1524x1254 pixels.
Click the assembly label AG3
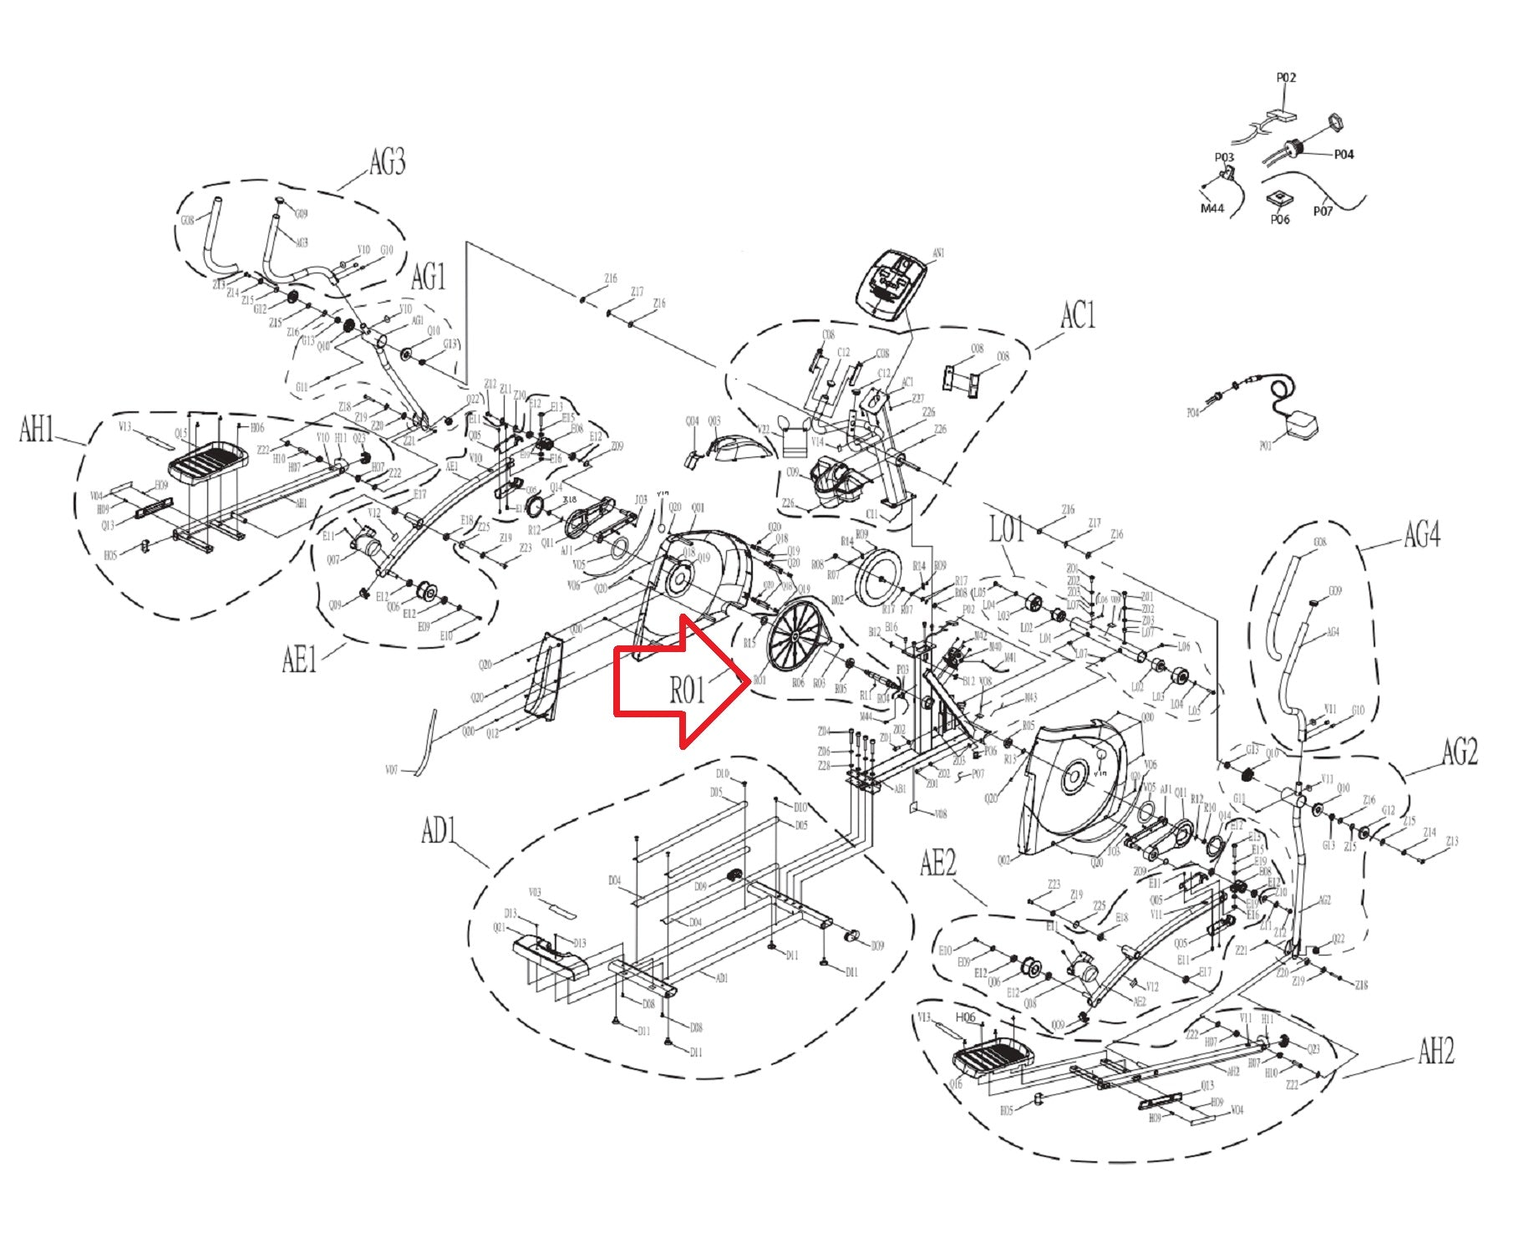pos(387,161)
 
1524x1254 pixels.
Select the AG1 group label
pos(428,277)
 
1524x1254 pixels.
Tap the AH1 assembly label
pos(37,430)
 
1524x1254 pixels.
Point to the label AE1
pos(299,660)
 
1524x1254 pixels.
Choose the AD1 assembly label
pos(438,831)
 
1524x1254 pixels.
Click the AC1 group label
pos(1077,316)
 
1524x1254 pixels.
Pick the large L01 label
pos(1006,528)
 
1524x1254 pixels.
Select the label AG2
pos(1459,752)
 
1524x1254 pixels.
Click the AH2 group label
pos(1435,1051)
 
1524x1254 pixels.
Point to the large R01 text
pos(687,691)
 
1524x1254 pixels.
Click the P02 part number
pos(1286,78)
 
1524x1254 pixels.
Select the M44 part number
pos(1212,208)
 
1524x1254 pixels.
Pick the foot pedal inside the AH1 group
pos(209,461)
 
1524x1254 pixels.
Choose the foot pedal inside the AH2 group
pos(992,1058)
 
